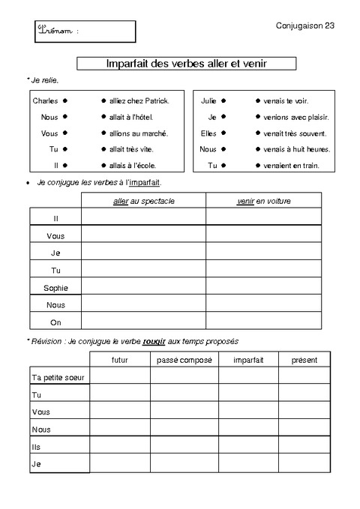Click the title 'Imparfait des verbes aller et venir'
click(187, 64)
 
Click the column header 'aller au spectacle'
click(142, 201)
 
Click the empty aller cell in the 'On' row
click(142, 322)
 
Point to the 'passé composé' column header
click(184, 360)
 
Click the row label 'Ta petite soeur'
click(59, 377)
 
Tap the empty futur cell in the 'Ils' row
click(120, 447)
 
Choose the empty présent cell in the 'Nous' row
click(304, 430)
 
